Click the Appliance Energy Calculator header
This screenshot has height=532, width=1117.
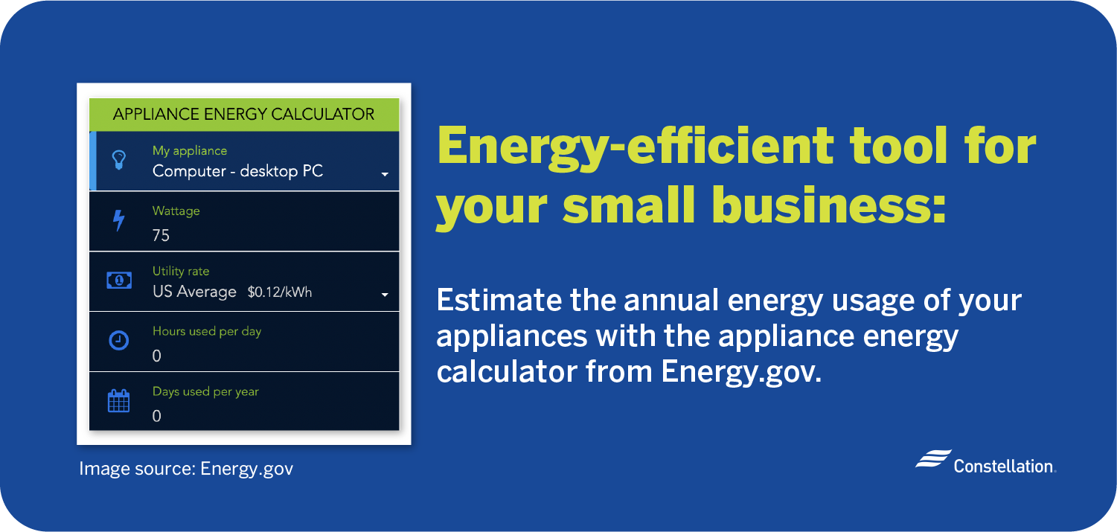(244, 114)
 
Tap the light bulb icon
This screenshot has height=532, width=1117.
(118, 160)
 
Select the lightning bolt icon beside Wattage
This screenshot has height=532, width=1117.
(118, 220)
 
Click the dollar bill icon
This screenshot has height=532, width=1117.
(119, 281)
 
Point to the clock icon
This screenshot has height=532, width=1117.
(118, 341)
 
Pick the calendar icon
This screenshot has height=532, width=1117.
(118, 401)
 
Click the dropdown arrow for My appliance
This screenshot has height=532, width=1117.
(385, 175)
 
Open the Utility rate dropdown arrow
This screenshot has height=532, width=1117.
(385, 295)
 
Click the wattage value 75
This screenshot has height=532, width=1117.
(161, 235)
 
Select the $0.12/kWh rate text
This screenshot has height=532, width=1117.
(280, 292)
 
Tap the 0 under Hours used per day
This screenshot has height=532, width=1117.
(156, 356)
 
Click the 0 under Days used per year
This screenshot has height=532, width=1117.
(156, 416)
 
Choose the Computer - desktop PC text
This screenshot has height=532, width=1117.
(238, 172)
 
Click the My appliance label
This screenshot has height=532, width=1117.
(190, 150)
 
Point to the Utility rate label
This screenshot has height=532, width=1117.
(181, 271)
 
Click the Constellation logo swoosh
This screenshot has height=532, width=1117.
(933, 458)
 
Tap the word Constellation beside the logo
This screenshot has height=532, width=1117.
(1003, 467)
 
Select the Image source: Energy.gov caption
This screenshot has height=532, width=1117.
(186, 469)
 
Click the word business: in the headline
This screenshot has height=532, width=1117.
(828, 205)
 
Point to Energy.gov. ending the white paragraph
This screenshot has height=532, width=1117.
(741, 372)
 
